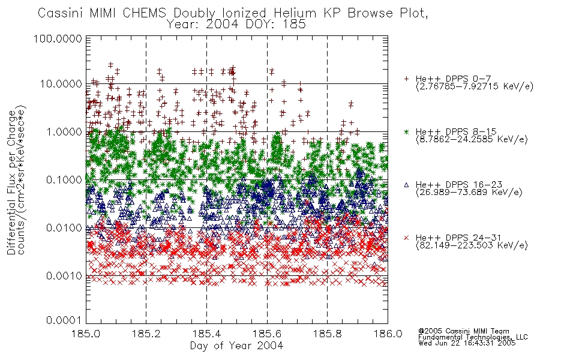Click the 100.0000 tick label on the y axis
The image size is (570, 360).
(x=58, y=38)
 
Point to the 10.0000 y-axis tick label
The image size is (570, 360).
(x=61, y=84)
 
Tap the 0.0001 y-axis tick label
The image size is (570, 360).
(x=64, y=320)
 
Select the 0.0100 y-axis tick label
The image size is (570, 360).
(x=64, y=228)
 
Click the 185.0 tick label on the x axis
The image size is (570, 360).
(x=86, y=334)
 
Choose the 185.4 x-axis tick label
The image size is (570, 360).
(x=206, y=334)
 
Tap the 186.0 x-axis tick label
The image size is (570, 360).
(x=388, y=334)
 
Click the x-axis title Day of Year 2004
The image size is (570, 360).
(x=236, y=346)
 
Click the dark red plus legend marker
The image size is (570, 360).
(x=407, y=78)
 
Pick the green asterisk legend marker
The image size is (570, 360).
(x=407, y=131)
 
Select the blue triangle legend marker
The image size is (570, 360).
(x=407, y=185)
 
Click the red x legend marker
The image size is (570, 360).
(x=407, y=238)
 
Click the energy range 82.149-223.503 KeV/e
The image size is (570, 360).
(x=472, y=245)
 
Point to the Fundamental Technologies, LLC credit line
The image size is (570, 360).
(x=473, y=337)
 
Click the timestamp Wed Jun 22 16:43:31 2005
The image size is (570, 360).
(x=467, y=343)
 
